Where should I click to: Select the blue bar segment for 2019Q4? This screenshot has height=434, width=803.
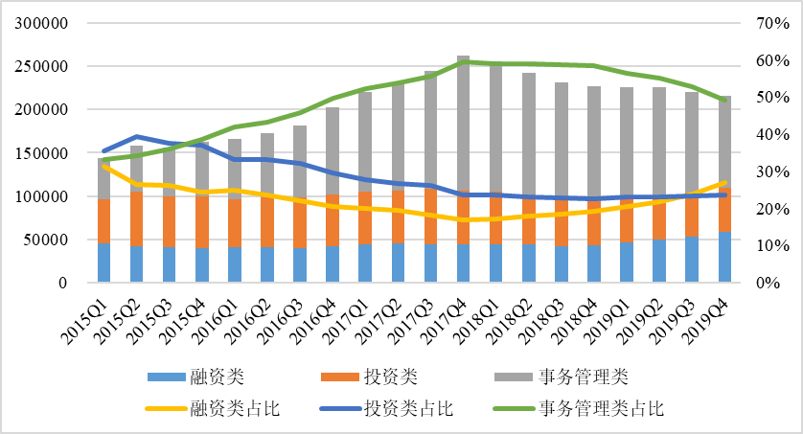pyautogui.click(x=724, y=256)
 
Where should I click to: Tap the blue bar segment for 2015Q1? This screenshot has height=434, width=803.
pyautogui.click(x=104, y=262)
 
